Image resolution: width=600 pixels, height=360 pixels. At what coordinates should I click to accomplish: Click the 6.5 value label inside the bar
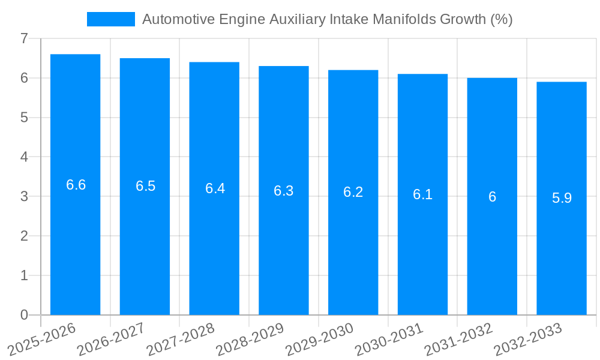(x=145, y=187)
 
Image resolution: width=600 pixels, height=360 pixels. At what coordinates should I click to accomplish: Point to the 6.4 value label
(x=215, y=188)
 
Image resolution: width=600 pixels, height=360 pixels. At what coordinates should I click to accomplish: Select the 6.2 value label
(x=353, y=193)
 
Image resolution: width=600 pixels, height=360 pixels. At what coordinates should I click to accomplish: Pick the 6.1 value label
(x=422, y=194)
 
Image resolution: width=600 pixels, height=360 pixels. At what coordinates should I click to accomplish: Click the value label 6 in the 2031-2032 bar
(x=492, y=197)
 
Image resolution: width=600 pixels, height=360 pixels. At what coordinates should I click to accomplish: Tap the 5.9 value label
(x=562, y=199)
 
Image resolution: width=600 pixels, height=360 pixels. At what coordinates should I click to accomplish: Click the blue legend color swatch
(x=110, y=19)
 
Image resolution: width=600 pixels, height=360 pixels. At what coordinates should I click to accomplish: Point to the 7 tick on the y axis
(x=24, y=38)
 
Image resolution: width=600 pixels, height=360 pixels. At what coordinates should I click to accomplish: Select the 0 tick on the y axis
(x=24, y=315)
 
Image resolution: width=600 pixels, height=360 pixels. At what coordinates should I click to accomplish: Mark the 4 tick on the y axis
(x=24, y=157)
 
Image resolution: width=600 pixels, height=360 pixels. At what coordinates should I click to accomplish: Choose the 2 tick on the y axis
(x=24, y=236)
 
